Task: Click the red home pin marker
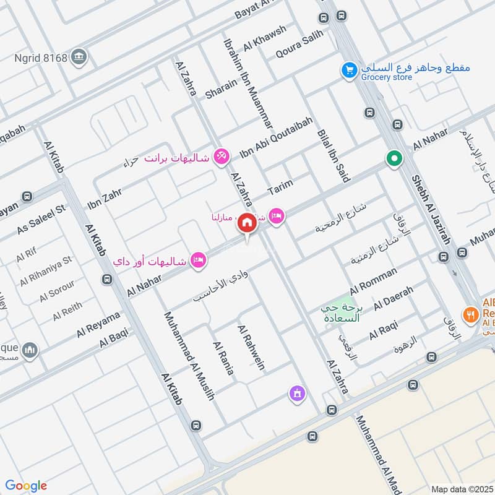[247, 223]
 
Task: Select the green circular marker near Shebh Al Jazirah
[394, 159]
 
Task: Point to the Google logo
[26, 485]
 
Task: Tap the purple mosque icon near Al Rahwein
[297, 393]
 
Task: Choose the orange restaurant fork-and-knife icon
[471, 314]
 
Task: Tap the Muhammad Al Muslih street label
[189, 355]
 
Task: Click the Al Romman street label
[373, 280]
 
